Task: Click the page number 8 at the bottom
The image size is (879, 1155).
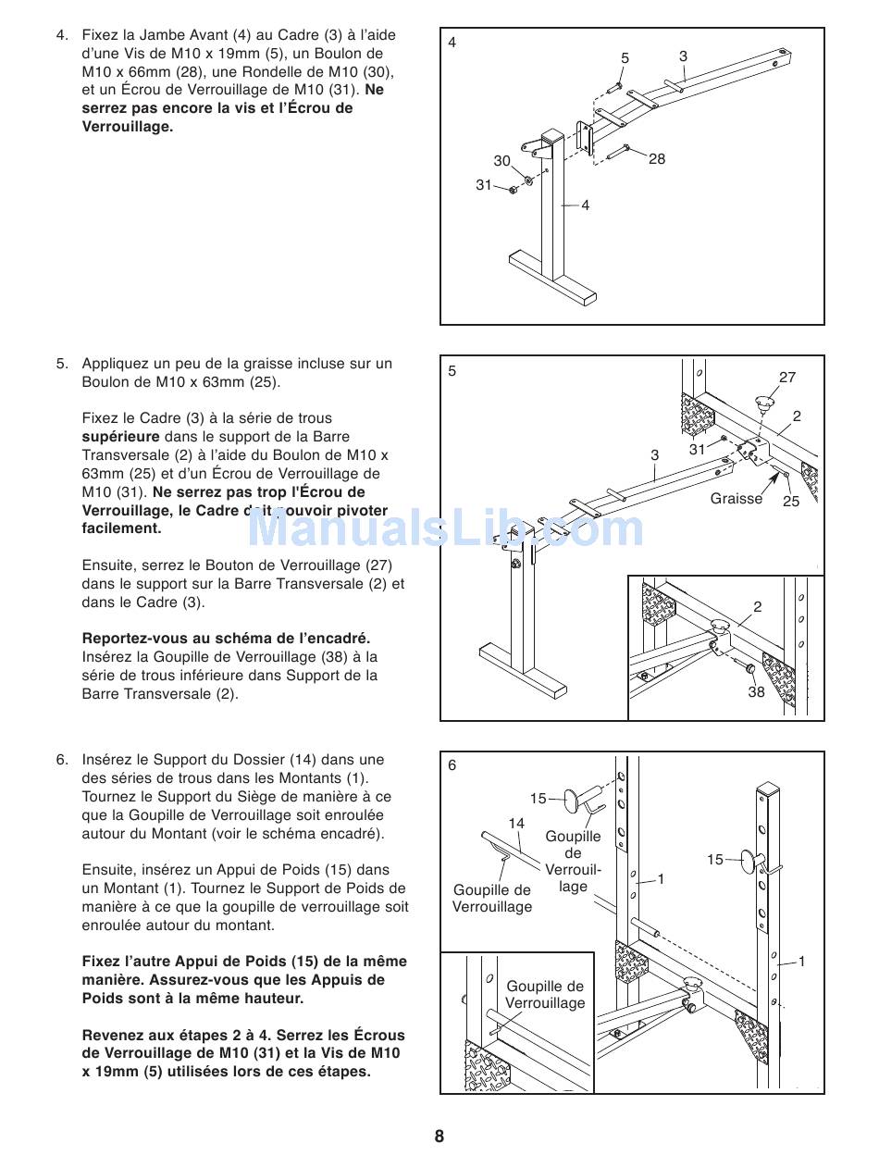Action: coord(439,1136)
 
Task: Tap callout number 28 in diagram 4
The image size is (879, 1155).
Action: coord(657,159)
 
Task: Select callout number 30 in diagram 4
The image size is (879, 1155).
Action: coord(501,161)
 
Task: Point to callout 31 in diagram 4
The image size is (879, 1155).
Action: coord(484,185)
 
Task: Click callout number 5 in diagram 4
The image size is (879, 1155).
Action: coord(625,58)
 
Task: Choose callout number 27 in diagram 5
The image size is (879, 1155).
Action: coord(787,378)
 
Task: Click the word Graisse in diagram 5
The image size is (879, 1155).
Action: coord(737,499)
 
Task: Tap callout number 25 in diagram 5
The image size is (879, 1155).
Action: coord(791,502)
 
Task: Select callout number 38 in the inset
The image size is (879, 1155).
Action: coord(756,692)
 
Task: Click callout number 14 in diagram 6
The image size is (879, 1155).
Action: coord(516,823)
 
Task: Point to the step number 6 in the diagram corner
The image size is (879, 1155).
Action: coord(452,765)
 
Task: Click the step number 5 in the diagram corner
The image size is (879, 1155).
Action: coord(452,371)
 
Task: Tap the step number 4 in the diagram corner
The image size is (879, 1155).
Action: coord(452,43)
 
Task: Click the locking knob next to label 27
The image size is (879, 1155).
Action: coord(765,404)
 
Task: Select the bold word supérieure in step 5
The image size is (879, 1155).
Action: coord(120,437)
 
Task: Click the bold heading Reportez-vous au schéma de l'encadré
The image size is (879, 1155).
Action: coord(226,639)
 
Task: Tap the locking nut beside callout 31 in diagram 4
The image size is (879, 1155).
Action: coord(512,189)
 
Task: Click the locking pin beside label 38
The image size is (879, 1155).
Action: coord(750,668)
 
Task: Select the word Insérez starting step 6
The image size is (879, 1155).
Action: coord(108,761)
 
